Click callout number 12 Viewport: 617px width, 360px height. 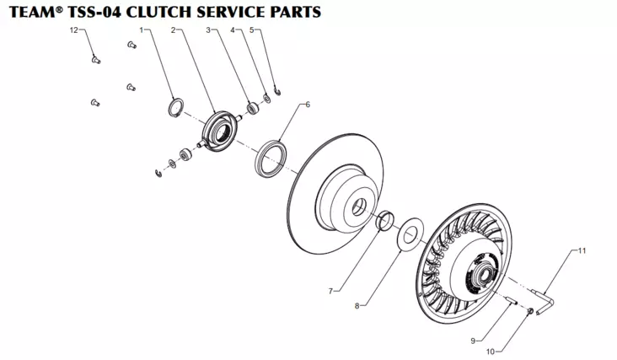pos(73,30)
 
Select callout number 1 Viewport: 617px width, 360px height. pos(141,30)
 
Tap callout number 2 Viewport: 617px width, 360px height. pos(174,30)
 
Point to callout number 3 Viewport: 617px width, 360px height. pos(208,30)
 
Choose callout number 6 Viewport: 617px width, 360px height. pos(308,105)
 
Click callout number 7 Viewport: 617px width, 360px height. pos(331,291)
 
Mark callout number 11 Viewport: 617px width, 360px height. pos(581,250)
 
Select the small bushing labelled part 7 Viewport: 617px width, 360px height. pos(385,222)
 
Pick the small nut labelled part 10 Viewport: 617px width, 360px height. pos(529,313)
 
